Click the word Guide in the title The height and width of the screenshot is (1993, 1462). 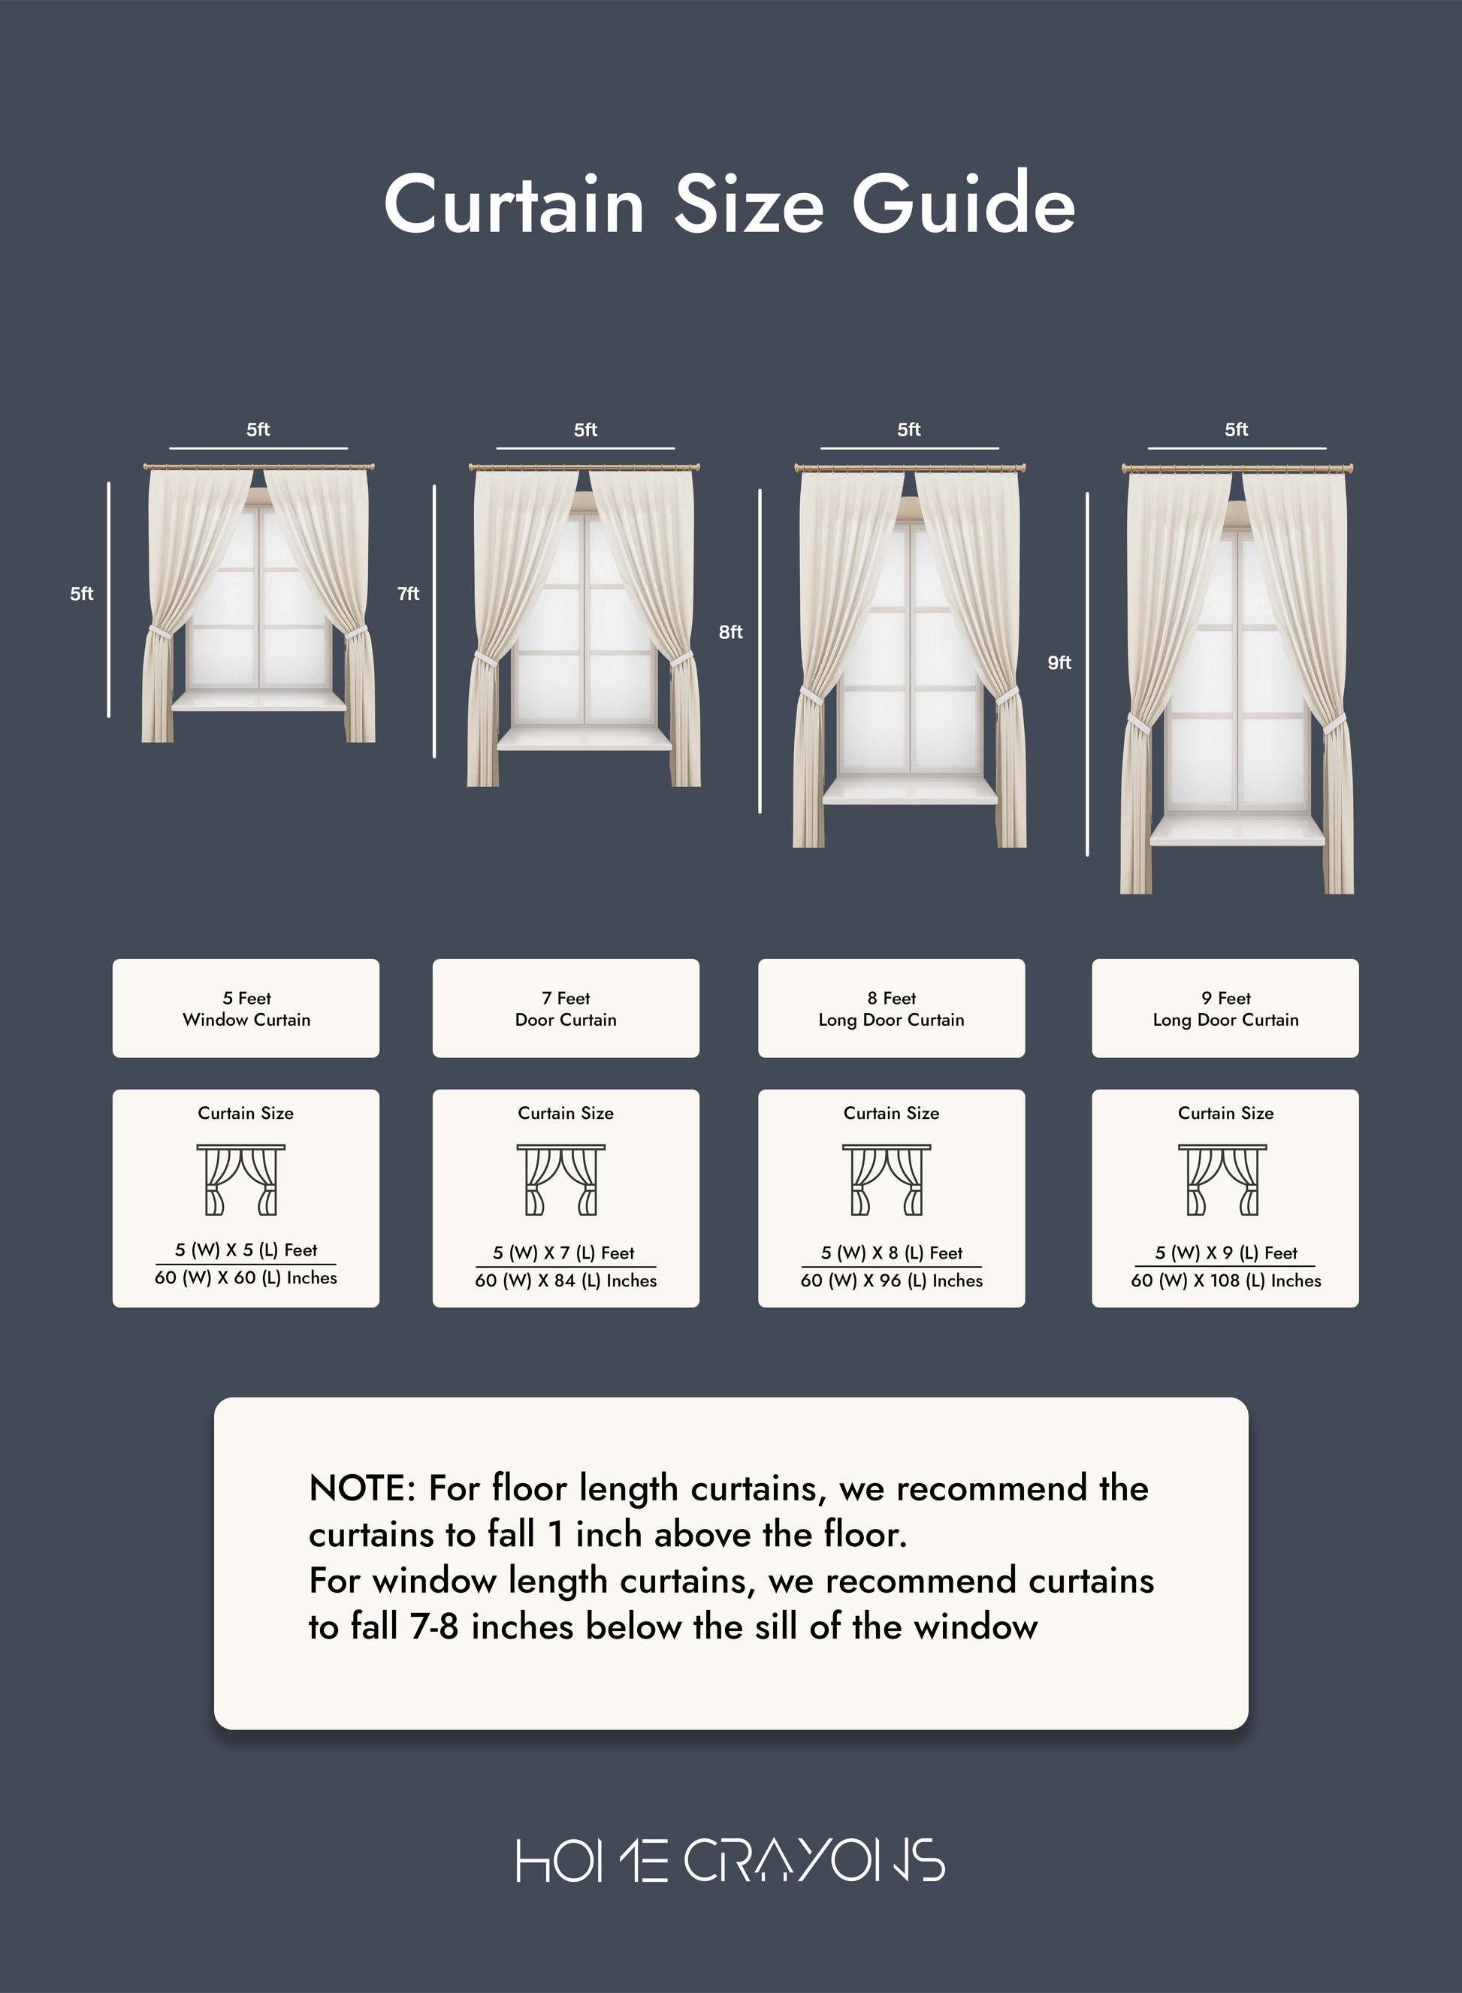coord(963,204)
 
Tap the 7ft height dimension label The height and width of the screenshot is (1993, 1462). coord(408,593)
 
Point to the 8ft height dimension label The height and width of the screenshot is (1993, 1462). coord(730,632)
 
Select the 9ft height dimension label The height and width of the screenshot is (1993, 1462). coord(1059,662)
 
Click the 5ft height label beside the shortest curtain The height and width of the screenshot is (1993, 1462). coord(81,593)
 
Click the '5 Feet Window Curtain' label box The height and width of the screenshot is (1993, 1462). coord(246,1009)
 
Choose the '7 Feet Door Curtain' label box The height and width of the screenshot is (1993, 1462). coord(566,1009)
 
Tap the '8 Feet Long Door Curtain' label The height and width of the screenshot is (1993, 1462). coord(891,1009)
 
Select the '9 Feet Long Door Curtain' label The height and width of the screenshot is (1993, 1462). coord(1225,1009)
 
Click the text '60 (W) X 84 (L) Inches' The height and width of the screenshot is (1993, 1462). coord(566,1280)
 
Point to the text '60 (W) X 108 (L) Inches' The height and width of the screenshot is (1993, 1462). coord(1225,1280)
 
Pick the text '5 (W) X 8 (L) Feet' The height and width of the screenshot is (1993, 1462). coord(891,1253)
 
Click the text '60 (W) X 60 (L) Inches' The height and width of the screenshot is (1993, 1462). coord(246,1277)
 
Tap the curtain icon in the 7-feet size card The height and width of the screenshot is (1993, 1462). coord(561,1179)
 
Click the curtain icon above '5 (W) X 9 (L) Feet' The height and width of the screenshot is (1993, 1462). coord(1222,1179)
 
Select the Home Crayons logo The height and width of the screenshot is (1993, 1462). coord(731,1859)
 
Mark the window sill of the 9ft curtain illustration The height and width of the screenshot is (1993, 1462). coord(1237,831)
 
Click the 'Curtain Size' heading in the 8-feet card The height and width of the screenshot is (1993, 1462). coord(891,1113)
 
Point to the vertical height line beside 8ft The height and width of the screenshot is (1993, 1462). coord(760,651)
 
